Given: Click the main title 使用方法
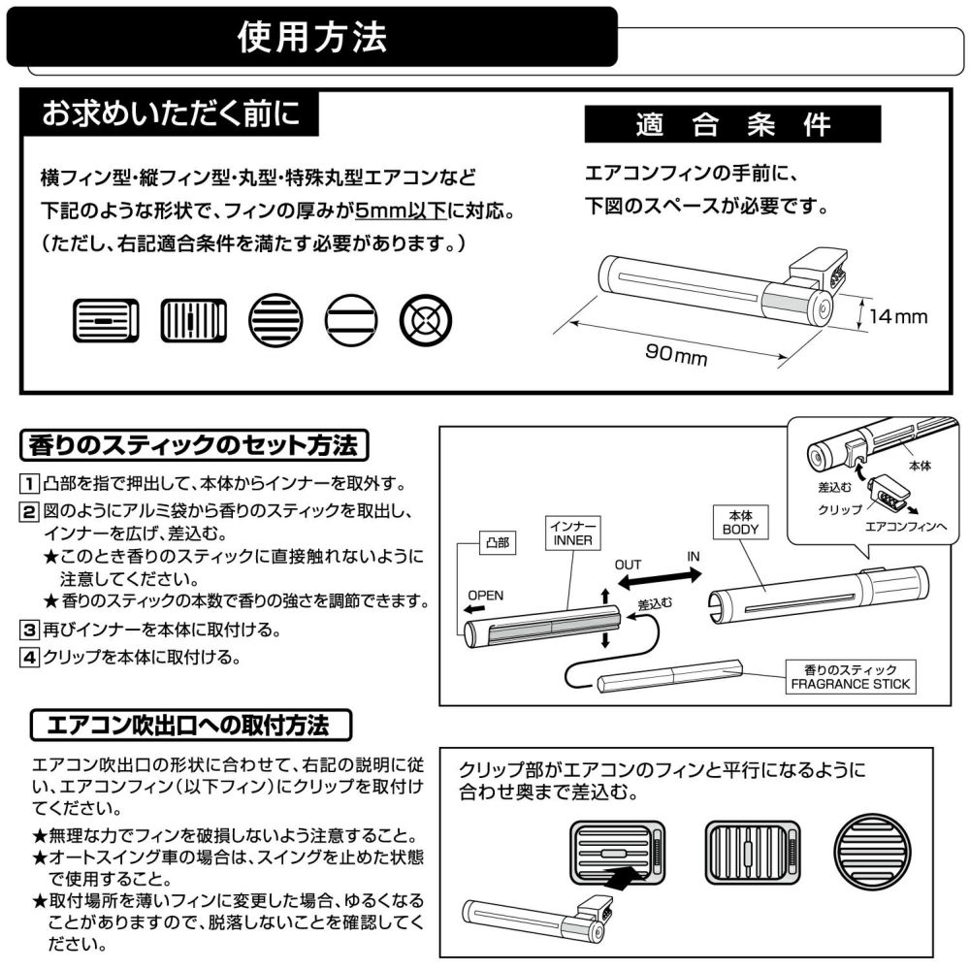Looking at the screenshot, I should pos(312,37).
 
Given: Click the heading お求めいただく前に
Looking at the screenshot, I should pos(171,113).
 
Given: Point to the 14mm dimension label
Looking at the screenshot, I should pos(898,316).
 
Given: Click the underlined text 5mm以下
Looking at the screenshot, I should pos(401,210).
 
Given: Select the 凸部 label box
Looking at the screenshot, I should pos(495,544).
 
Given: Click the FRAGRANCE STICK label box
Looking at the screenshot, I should pos(851,676).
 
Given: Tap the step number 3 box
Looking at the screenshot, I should pos(30,630).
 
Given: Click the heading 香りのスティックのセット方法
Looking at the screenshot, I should pos(195,446).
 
